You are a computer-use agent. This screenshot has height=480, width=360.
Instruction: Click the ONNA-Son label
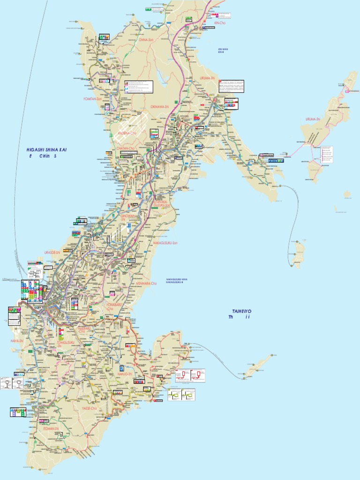click(146, 40)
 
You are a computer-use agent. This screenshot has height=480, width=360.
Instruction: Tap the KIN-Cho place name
click(219, 22)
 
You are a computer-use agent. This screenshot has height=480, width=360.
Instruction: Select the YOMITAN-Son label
click(92, 99)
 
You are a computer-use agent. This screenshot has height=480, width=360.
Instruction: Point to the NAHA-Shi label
click(16, 341)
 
